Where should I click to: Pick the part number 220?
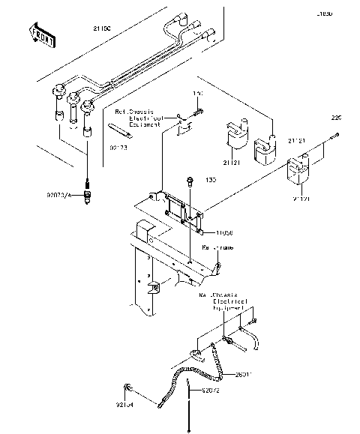(x=336, y=118)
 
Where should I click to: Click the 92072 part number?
(x=212, y=391)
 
